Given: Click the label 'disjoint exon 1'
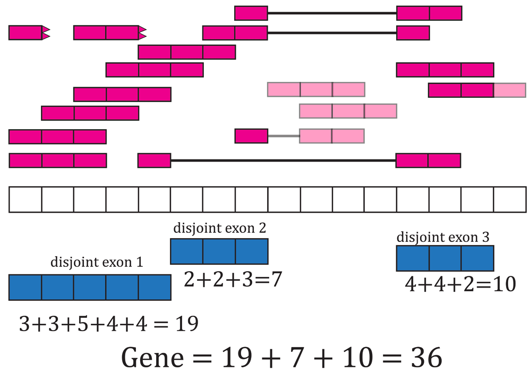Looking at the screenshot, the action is [97, 263].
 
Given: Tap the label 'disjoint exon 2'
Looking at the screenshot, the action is [219, 228].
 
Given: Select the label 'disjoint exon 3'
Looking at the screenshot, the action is [443, 237].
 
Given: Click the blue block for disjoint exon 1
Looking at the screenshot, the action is [90, 288].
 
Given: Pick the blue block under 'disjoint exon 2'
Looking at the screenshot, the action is [219, 251].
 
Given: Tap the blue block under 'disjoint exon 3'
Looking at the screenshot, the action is [445, 258].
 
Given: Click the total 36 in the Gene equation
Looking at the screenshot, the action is [427, 358].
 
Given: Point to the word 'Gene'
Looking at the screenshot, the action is [152, 358].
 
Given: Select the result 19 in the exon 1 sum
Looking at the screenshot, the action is [186, 323].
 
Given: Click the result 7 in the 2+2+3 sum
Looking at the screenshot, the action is [276, 280].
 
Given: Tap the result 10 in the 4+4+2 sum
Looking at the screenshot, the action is [504, 284].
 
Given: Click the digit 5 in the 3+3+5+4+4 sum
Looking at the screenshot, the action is [83, 323].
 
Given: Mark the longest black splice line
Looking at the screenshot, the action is [284, 161].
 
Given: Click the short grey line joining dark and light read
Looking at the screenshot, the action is [284, 136].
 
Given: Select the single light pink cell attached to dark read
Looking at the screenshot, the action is [510, 90].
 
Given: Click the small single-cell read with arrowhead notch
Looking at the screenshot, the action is [29, 32].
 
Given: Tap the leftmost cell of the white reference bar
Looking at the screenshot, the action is [25, 200].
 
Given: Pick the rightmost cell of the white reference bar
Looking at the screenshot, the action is [510, 200].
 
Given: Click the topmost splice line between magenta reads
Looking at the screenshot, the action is [332, 13].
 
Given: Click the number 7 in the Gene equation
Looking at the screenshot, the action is [295, 358].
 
